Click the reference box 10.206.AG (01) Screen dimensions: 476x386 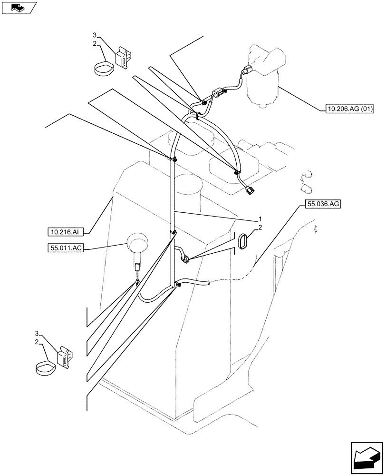350,109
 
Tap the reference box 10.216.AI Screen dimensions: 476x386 66,232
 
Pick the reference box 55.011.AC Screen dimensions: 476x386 66,248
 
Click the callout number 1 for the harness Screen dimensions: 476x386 260,219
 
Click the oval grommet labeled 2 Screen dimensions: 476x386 243,241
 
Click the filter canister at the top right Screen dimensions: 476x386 265,76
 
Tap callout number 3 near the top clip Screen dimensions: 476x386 95,35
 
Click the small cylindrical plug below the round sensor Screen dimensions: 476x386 137,267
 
